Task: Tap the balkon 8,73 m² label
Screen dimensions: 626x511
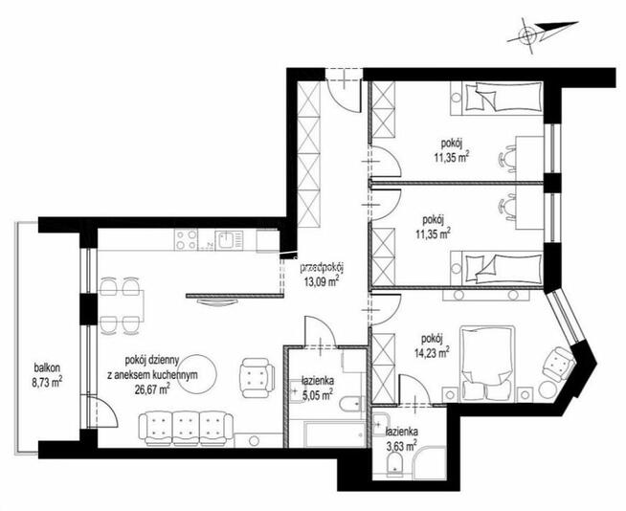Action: (47, 375)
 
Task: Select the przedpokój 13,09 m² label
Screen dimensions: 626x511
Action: (322, 275)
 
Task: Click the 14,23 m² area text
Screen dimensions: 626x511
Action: (434, 352)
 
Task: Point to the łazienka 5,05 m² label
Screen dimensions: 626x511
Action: (318, 389)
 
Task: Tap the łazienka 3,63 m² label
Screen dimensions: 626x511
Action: (402, 438)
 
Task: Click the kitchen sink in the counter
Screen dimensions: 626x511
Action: (229, 240)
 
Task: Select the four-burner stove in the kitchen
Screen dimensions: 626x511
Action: (186, 239)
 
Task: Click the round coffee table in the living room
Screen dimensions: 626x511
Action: (197, 374)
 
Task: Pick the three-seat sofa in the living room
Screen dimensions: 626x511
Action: (186, 429)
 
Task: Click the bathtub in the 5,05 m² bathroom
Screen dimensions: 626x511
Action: (335, 434)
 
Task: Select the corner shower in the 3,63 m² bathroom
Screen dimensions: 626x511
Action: (430, 463)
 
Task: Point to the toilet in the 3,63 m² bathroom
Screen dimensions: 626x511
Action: (395, 465)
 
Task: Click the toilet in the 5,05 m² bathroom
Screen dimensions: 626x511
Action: (352, 403)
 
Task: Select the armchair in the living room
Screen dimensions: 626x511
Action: (257, 377)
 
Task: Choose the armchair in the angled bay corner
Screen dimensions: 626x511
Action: (558, 364)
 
